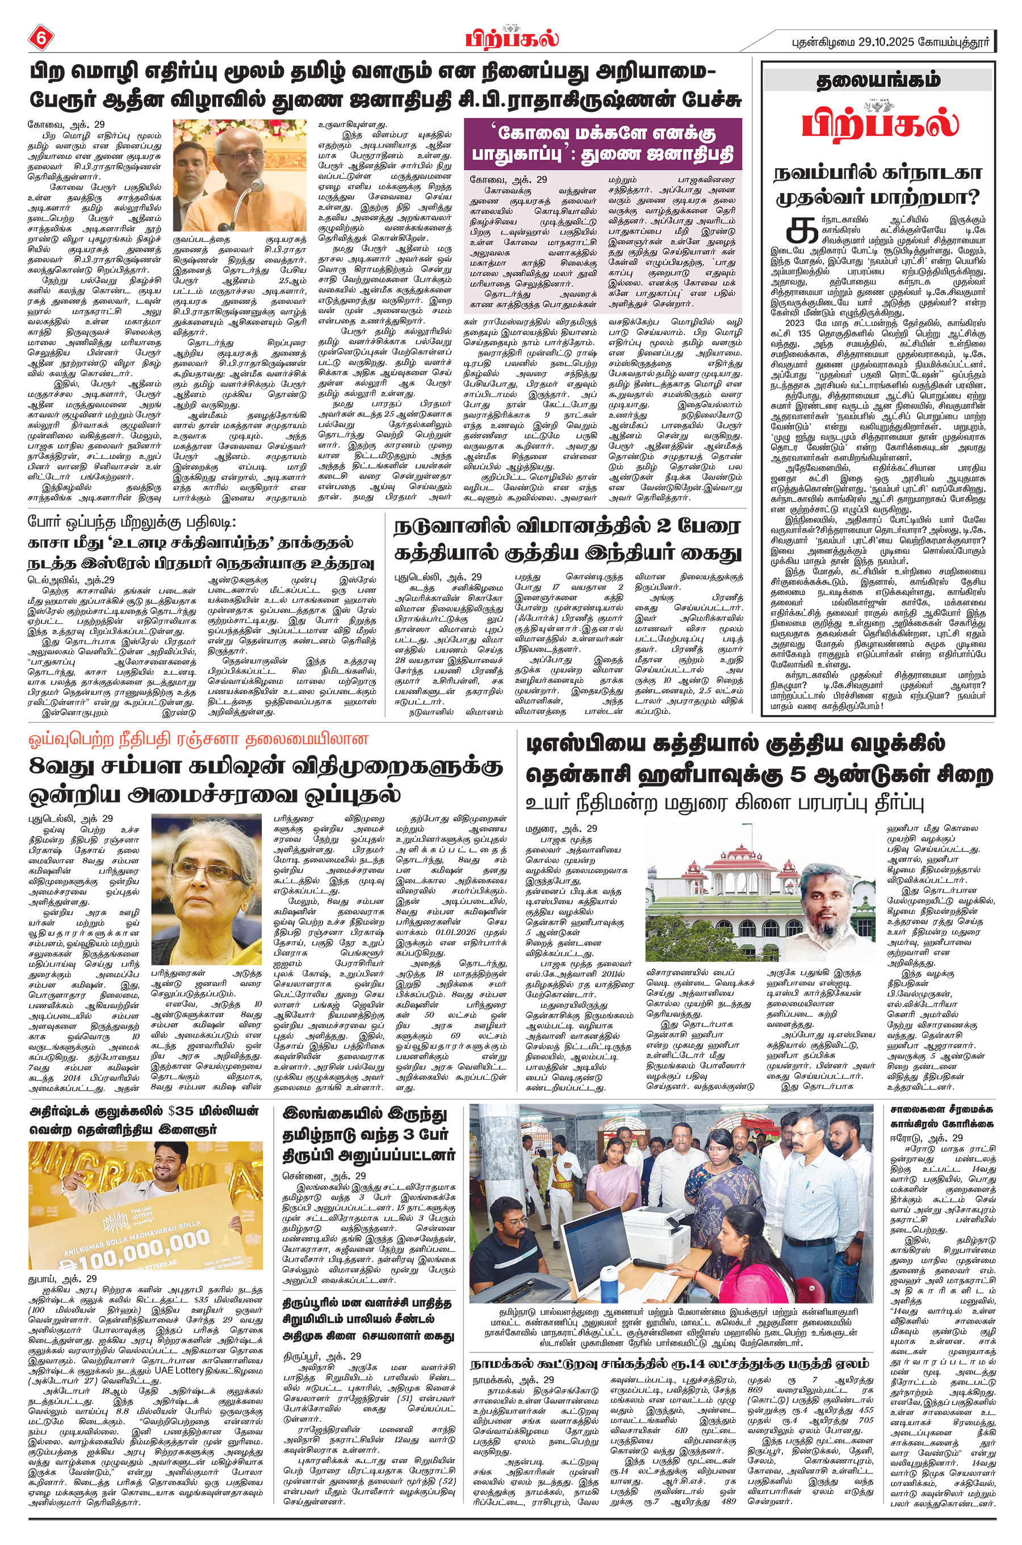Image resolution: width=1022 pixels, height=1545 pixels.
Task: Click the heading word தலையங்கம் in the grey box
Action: [878, 80]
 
